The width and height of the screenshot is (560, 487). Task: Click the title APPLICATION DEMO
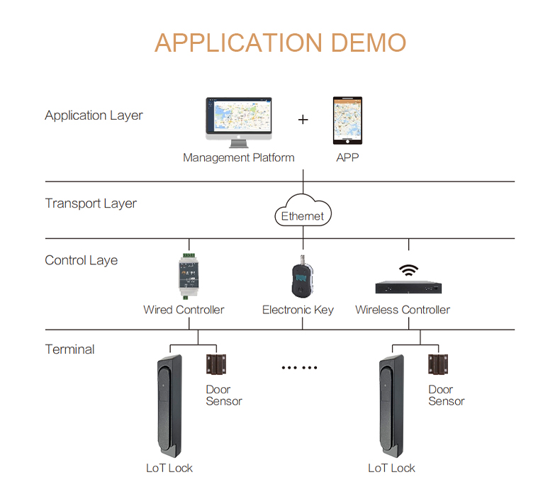point(280,43)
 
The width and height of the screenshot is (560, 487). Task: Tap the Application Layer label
point(94,116)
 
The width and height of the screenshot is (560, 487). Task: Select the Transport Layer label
point(91,203)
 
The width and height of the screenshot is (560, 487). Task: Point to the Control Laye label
point(81,260)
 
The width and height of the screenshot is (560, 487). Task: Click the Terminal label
point(69,349)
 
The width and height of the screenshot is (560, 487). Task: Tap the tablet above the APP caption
point(347,122)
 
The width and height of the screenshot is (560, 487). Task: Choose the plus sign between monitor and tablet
point(303,120)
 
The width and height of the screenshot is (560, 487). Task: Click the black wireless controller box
point(408,287)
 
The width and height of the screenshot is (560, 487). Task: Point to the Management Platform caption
point(238,157)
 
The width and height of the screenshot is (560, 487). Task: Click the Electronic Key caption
point(298,310)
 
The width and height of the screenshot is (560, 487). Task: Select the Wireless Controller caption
point(403,310)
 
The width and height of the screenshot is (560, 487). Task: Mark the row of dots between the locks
point(300,368)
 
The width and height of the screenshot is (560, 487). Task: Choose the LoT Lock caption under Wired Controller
point(169,468)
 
